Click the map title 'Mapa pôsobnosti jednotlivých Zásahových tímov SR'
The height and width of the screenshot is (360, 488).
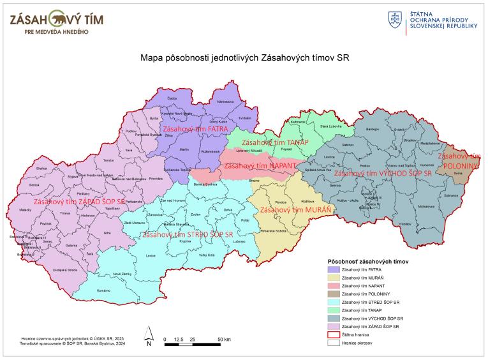tap(244, 57)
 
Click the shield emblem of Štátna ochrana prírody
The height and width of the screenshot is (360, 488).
tap(396, 19)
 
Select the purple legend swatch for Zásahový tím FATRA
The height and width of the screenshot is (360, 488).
tap(334, 270)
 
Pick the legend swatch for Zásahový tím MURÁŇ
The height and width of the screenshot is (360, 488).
tap(334, 278)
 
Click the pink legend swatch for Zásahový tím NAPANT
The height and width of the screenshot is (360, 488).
tap(334, 285)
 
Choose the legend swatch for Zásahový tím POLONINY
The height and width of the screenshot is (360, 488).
tap(334, 294)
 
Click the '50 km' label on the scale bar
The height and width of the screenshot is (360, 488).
tap(223, 339)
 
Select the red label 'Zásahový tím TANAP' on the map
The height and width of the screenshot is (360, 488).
tap(275, 142)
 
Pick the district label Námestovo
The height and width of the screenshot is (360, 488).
tap(225, 101)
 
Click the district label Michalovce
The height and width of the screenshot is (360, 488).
tap(426, 207)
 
